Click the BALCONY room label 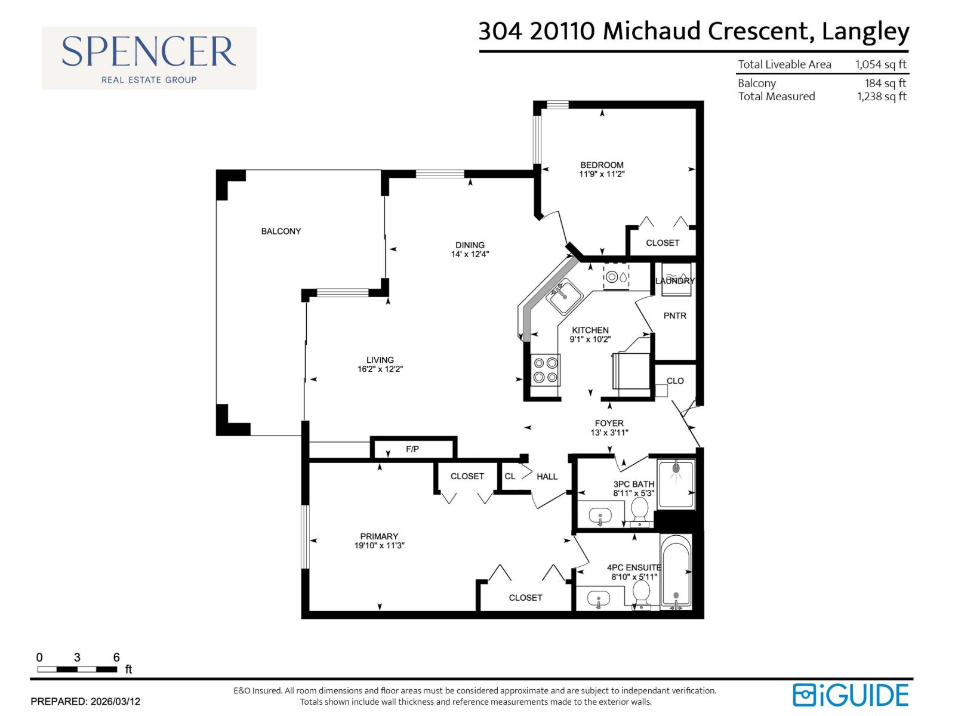[281, 231]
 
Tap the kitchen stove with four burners [546, 369]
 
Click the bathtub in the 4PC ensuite [676, 571]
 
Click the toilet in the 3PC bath [640, 510]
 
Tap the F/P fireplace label [412, 449]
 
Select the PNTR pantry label [675, 316]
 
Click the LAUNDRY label [675, 280]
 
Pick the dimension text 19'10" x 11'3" [379, 545]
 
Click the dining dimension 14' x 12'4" [470, 254]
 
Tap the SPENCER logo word [149, 52]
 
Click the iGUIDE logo [851, 695]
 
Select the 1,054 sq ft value [880, 64]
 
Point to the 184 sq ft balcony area [885, 84]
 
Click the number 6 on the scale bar [116, 658]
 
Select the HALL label [547, 476]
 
